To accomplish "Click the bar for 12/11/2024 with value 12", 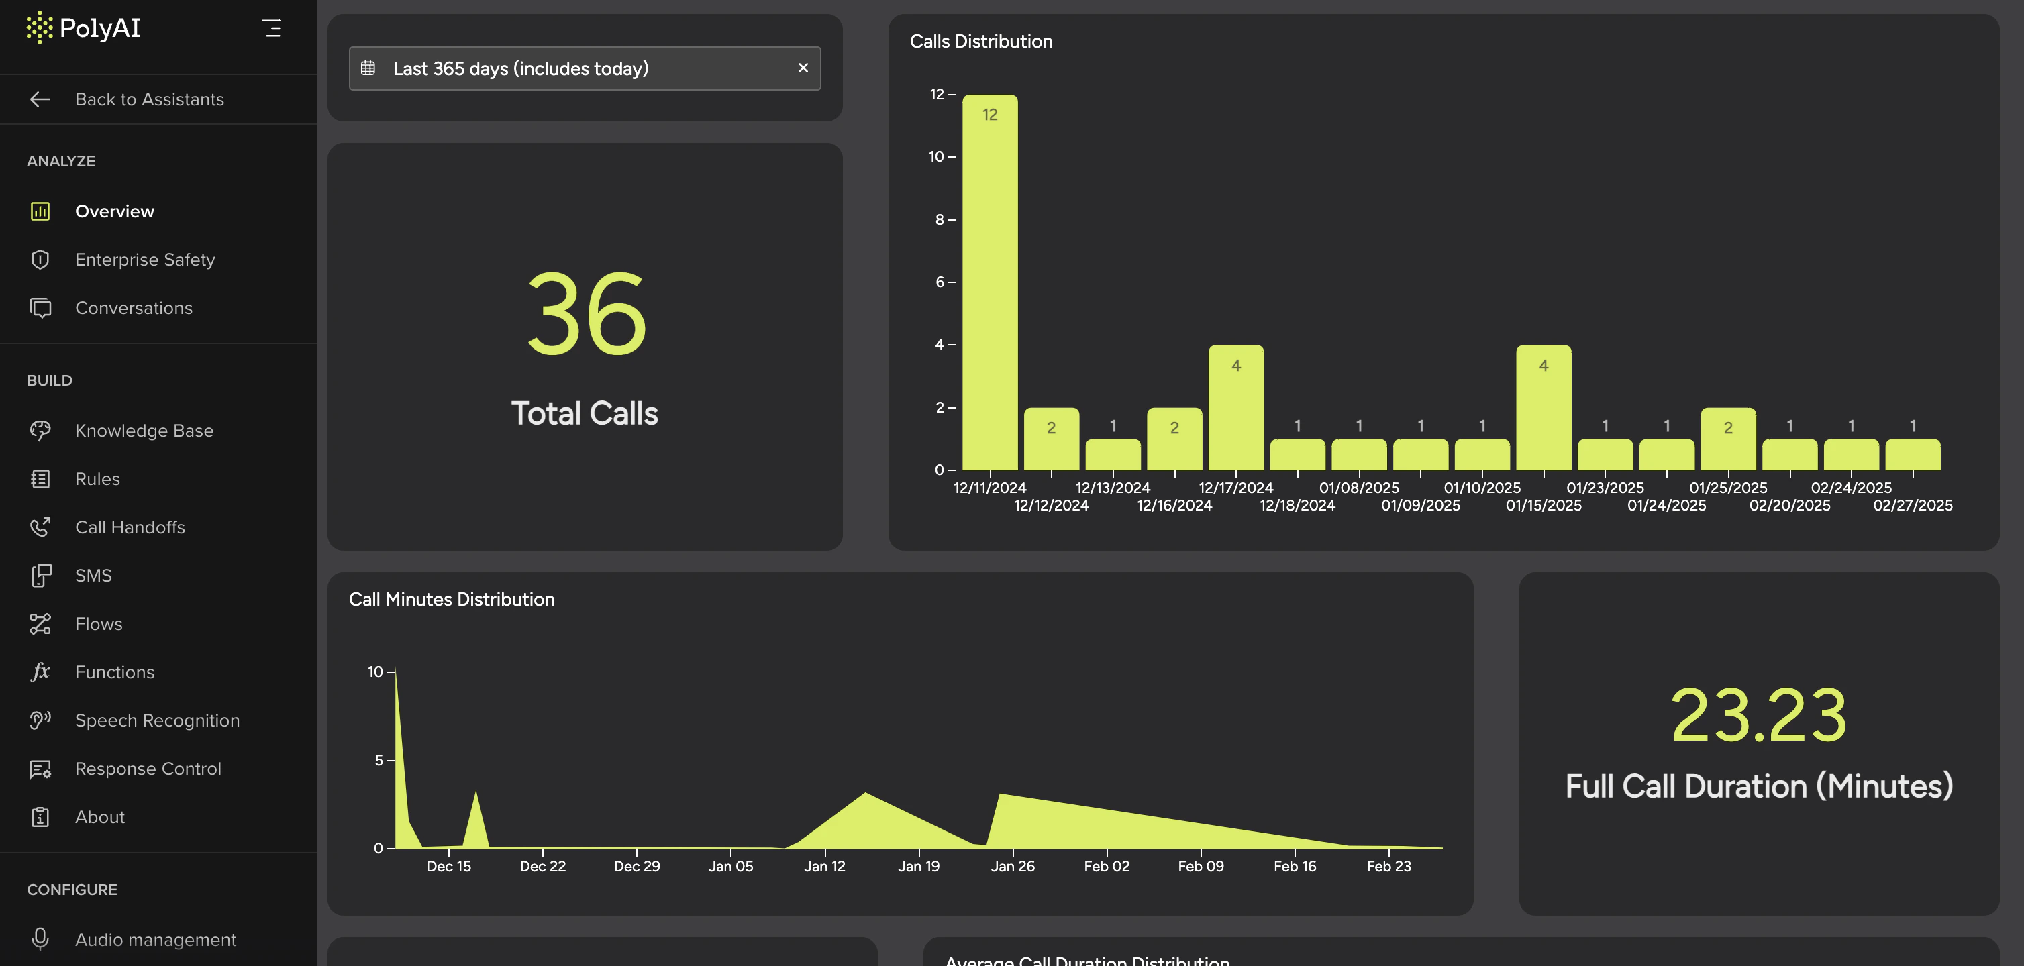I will (989, 282).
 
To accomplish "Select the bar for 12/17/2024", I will (1235, 408).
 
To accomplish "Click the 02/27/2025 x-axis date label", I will (1912, 506).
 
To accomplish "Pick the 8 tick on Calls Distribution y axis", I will (940, 220).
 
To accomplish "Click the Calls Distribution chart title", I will (980, 42).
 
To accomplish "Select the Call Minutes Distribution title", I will (451, 599).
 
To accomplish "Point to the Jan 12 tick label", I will (824, 866).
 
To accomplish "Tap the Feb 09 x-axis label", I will (1200, 866).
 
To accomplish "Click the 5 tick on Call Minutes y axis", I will (378, 760).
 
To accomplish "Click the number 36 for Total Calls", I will (586, 314).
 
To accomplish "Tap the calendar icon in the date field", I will (368, 68).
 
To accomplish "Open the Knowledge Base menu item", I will (144, 431).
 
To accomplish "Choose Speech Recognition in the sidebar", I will (157, 720).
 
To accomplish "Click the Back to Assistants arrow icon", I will (40, 99).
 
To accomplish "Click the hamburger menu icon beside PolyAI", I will (271, 28).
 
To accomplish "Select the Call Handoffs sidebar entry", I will (130, 527).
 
